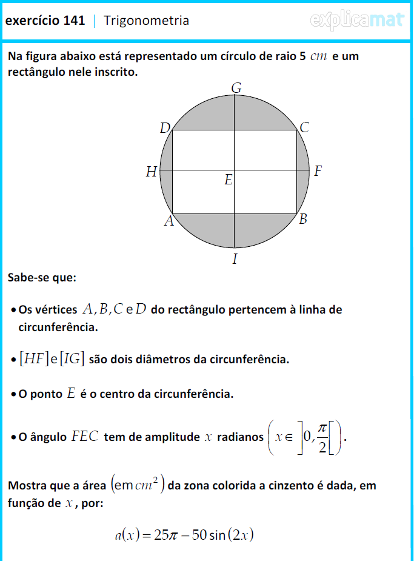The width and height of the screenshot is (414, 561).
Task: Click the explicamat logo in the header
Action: coord(357,21)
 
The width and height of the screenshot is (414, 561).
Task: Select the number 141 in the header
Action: coord(73,21)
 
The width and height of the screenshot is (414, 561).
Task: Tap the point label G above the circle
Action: coord(236,89)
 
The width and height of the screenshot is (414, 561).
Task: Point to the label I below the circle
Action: coord(235,260)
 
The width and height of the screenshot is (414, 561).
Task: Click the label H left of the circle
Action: coord(151,172)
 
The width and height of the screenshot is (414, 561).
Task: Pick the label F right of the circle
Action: coord(318,172)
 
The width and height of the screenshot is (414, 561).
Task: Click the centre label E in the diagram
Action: coord(228,180)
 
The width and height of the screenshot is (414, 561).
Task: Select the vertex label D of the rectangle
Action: coord(165,128)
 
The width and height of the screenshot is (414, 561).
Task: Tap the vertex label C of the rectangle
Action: coord(304,128)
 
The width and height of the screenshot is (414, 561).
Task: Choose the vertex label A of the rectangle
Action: coord(169,222)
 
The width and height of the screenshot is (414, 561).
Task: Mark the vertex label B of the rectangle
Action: coord(303,220)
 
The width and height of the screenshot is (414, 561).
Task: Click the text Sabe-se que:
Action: coord(42,278)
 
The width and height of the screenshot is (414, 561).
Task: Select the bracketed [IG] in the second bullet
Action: coord(72,359)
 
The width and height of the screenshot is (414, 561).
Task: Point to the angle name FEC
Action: coord(85,437)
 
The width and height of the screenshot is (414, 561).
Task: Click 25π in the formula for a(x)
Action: coord(160,535)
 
